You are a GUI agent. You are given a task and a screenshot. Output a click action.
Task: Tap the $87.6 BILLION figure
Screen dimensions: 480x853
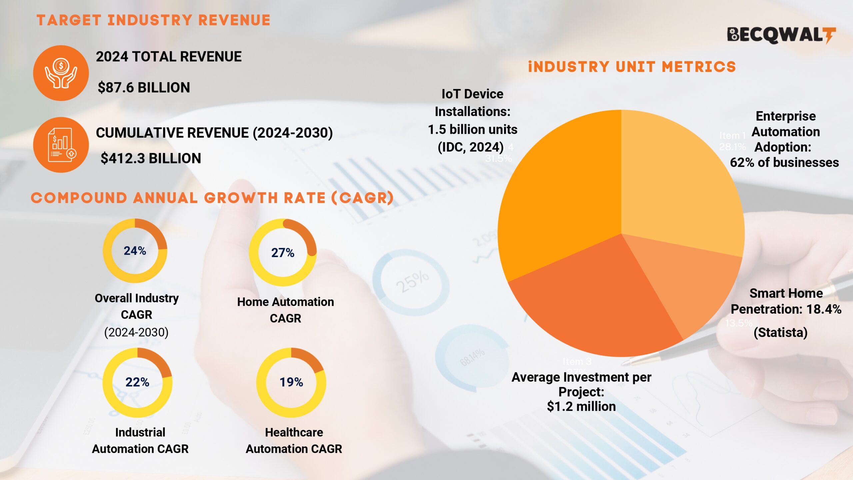(144, 88)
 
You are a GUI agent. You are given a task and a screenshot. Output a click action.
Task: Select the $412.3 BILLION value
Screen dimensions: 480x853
(151, 158)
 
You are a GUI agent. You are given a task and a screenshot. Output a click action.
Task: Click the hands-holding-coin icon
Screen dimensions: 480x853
(61, 73)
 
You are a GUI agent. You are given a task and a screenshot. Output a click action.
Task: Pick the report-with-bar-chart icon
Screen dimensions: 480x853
(61, 145)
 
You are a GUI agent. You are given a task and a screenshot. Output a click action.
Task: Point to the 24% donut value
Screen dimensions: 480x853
(135, 251)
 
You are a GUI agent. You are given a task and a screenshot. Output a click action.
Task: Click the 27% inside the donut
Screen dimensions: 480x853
(283, 253)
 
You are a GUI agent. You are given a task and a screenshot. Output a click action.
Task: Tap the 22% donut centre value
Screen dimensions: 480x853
(137, 382)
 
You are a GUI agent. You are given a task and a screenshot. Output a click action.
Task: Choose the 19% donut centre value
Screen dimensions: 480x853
(291, 382)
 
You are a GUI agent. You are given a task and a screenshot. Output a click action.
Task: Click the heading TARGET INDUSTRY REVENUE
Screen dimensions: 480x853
(153, 20)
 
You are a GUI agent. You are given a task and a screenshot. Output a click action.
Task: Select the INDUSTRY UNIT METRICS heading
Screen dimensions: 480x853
(632, 67)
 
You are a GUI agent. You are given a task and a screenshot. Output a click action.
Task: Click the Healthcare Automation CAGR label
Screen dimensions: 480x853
(294, 440)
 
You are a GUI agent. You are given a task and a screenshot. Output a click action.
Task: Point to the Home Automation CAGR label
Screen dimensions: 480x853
(285, 310)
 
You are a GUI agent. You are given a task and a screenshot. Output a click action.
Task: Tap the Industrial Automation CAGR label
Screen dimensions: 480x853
(140, 440)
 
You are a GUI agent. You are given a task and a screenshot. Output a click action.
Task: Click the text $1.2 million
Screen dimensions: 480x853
(581, 406)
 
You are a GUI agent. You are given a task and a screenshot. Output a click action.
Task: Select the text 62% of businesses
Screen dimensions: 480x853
(784, 163)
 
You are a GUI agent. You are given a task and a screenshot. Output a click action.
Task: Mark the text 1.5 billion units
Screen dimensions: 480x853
(472, 129)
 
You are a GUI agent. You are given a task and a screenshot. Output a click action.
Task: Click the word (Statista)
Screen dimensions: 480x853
(780, 332)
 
